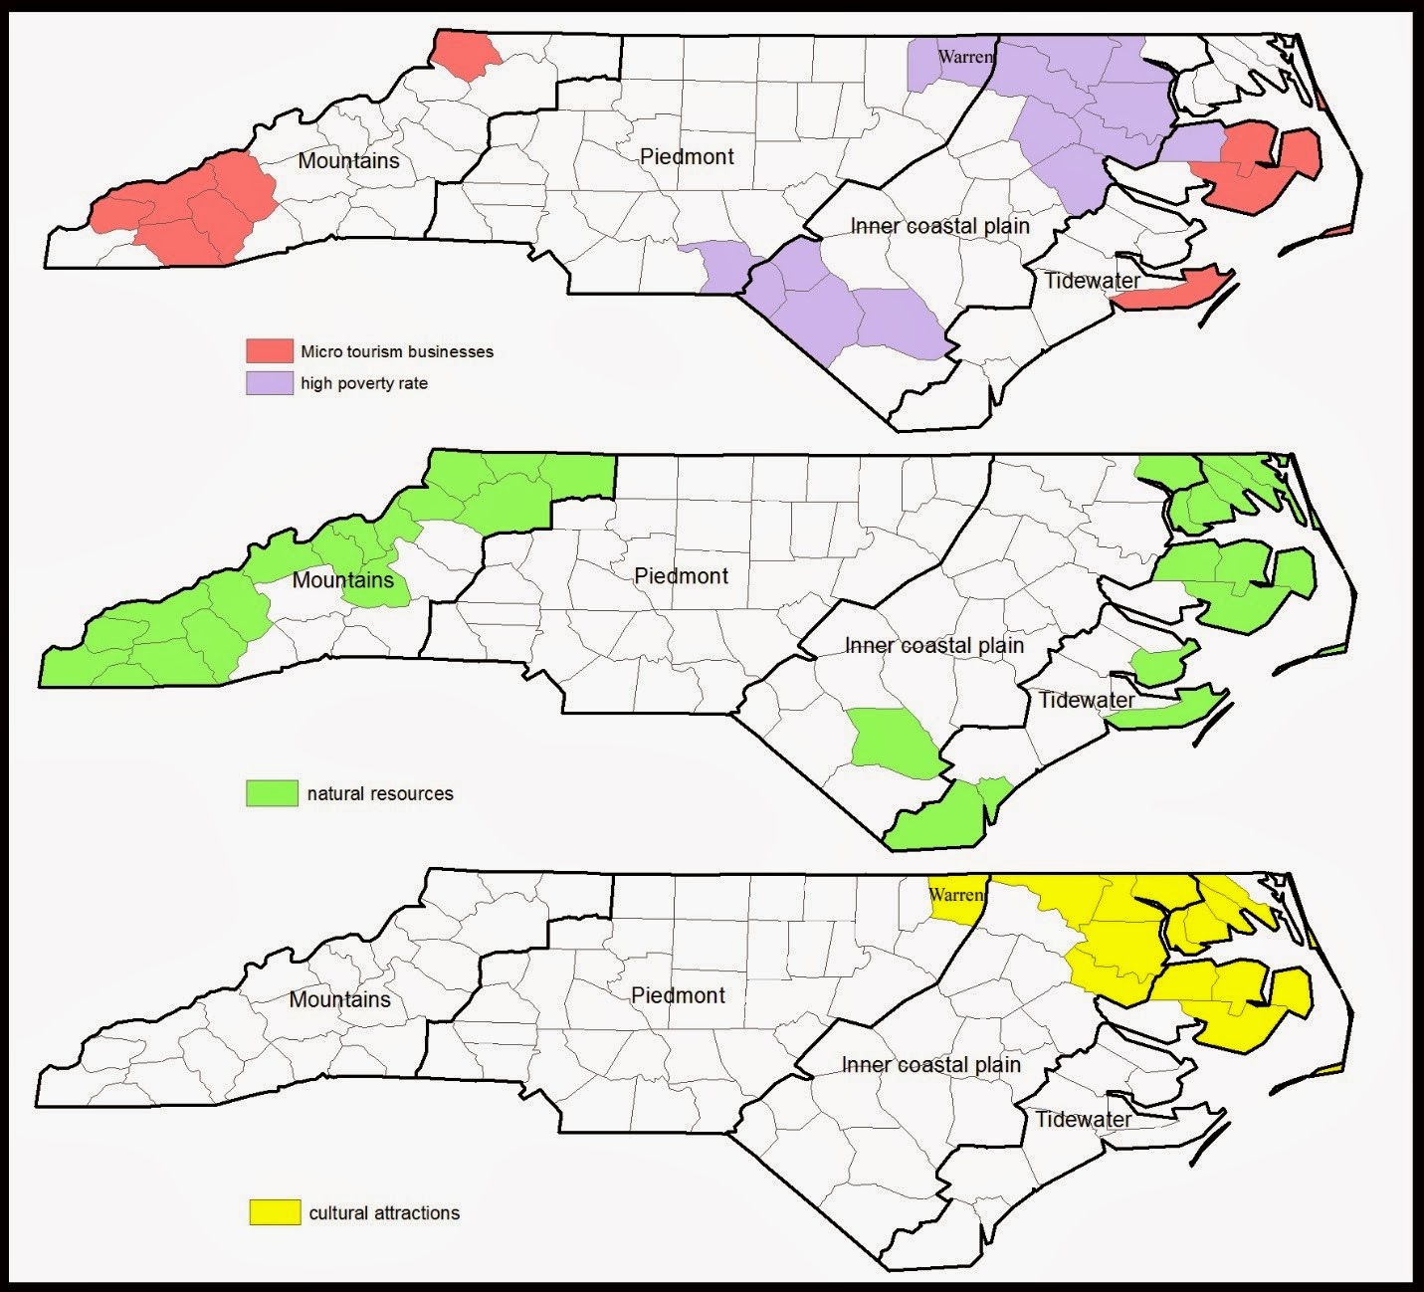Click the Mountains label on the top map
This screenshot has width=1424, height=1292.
click(348, 160)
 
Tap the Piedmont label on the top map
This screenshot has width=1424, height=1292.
click(687, 156)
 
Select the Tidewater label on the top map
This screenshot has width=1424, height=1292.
click(1092, 281)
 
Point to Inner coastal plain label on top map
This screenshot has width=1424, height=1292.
click(939, 226)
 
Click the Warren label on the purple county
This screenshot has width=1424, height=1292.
click(965, 57)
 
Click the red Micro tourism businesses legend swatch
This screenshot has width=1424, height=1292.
click(270, 350)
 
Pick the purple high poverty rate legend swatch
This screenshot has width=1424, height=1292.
click(270, 383)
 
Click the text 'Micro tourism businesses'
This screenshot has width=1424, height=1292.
click(397, 351)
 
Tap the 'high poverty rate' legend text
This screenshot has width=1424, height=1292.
click(364, 383)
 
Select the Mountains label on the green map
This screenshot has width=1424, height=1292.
click(342, 579)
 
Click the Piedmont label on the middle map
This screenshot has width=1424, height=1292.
click(681, 575)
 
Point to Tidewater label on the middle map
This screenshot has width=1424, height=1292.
click(1086, 700)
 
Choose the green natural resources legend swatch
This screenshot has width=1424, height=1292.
click(272, 793)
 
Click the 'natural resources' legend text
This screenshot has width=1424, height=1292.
click(380, 793)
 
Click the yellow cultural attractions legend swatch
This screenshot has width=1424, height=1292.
click(274, 1212)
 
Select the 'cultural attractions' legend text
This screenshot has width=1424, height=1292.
click(384, 1213)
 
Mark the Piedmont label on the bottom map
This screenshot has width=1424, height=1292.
click(678, 994)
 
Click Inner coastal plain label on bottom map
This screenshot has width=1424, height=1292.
click(930, 1065)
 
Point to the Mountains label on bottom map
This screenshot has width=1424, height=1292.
click(339, 999)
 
